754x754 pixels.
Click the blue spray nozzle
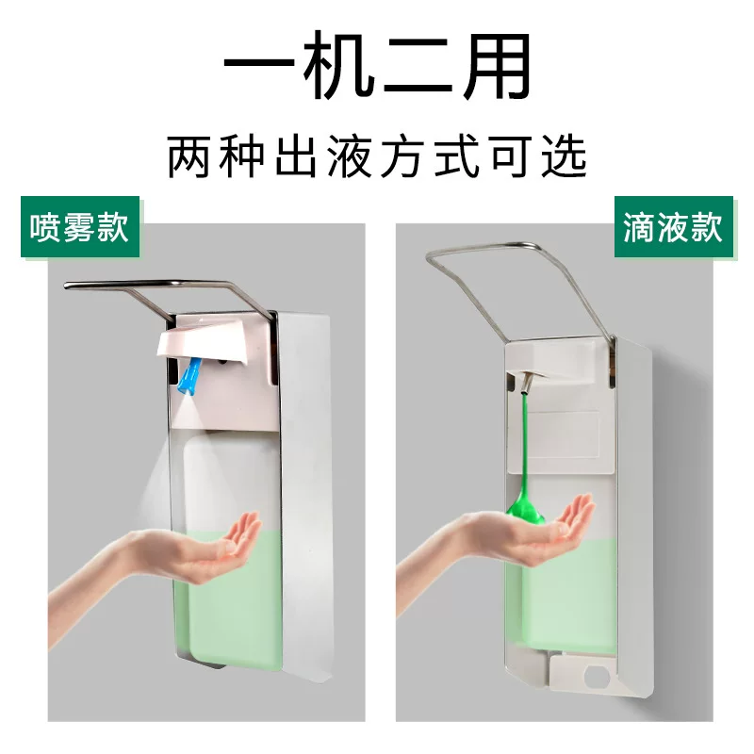189,375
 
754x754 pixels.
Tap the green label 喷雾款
80,226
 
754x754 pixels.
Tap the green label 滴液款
673,226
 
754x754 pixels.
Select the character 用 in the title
497,65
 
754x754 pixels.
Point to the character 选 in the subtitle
564,156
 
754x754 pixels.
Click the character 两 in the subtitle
189,156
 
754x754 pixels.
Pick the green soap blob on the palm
525,511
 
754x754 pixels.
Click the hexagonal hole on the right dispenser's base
598,677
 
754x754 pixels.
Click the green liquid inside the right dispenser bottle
567,597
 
